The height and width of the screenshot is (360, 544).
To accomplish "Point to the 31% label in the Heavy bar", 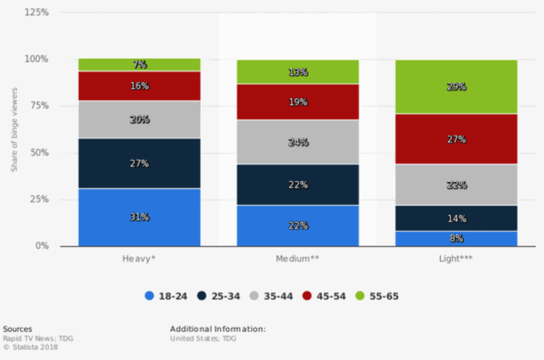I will point(140,218).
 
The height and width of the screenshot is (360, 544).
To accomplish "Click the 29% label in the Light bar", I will point(456,87).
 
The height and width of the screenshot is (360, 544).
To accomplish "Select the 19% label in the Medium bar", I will point(298,102).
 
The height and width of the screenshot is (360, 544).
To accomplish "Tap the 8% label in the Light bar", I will point(456,238).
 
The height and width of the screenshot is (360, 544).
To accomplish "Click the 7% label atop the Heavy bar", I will point(140,65).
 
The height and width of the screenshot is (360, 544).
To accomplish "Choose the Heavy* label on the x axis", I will point(140,259).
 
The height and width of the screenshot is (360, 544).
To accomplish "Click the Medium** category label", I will point(298,259).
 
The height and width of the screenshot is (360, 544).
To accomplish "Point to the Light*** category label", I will point(456,259).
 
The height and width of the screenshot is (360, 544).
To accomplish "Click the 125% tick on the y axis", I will point(38,12).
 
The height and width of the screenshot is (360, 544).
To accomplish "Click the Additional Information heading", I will point(217,329).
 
